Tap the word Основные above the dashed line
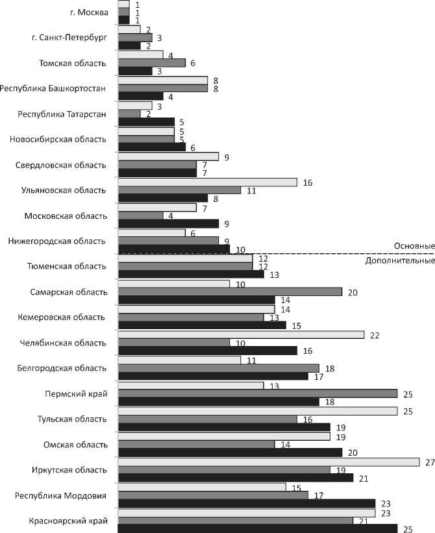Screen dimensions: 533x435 (414, 246)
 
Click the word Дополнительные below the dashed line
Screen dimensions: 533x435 (399, 261)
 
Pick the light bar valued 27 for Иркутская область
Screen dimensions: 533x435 (269, 462)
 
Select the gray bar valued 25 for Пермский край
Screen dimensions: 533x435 (258, 393)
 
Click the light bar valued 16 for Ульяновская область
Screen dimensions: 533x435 (208, 182)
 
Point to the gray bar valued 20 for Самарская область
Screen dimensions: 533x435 (230, 292)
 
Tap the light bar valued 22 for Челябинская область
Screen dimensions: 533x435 (242, 334)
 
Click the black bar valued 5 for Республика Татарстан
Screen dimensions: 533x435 (147, 121)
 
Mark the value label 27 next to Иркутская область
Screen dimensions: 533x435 (429, 462)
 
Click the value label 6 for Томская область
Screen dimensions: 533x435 (193, 63)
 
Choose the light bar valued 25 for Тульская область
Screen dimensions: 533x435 (258, 411)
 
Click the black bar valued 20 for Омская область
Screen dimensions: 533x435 (230, 452)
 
